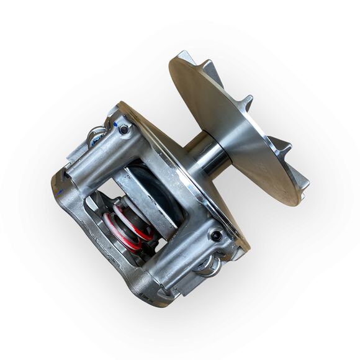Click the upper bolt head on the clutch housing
click(124, 130)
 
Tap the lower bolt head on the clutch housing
click(217, 236)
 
